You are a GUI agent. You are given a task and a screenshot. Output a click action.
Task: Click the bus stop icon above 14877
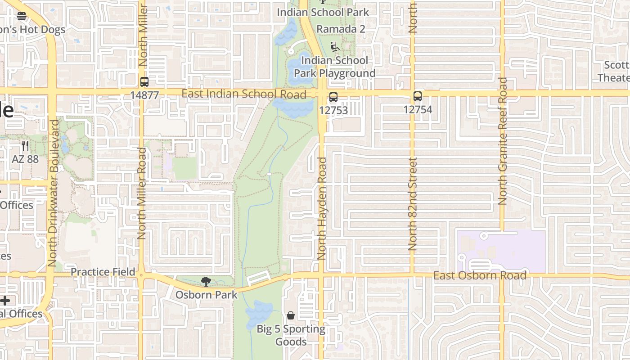(x=144, y=82)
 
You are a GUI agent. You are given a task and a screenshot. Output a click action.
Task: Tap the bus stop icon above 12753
(x=333, y=97)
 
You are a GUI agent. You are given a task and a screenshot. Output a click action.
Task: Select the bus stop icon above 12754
(x=418, y=96)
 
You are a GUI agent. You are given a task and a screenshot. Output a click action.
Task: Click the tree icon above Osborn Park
(x=206, y=282)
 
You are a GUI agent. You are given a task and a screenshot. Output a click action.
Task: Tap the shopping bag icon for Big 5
(x=291, y=315)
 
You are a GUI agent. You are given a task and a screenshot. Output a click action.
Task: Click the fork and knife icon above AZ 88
(x=25, y=146)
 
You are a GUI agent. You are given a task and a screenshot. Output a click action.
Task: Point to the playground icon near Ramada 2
(x=334, y=46)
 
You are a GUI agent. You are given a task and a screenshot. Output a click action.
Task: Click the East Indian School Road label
(x=244, y=94)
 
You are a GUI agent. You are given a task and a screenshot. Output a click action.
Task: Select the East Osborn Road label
(x=480, y=275)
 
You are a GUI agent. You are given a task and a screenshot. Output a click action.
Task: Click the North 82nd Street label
(x=413, y=203)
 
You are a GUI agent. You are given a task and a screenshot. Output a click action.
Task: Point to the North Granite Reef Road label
(x=503, y=141)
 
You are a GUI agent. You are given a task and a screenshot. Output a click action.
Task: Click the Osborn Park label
(x=206, y=295)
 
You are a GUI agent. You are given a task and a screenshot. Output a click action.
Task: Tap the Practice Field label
(x=103, y=272)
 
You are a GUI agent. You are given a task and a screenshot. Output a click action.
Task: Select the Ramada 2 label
(x=341, y=29)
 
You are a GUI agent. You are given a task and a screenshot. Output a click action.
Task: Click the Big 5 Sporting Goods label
(x=291, y=335)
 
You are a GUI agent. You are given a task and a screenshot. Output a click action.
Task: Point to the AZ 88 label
(x=25, y=159)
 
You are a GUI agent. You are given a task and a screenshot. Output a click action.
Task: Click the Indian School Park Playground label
(x=334, y=67)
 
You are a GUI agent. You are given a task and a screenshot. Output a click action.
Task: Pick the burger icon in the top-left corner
(x=22, y=16)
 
